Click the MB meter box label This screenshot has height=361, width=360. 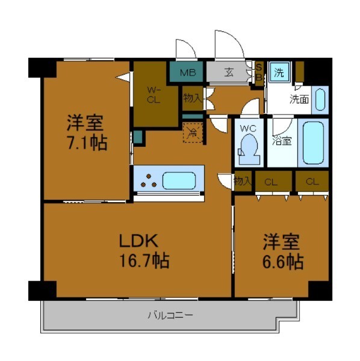click(x=188, y=73)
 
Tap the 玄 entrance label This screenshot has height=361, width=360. click(x=230, y=73)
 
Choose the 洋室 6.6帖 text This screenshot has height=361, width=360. click(x=281, y=253)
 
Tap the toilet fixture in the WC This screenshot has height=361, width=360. click(x=249, y=149)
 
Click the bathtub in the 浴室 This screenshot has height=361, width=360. click(x=313, y=143)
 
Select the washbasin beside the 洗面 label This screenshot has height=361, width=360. click(x=320, y=99)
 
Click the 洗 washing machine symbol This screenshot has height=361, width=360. click(x=279, y=73)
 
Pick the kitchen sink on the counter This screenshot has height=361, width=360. click(x=182, y=180)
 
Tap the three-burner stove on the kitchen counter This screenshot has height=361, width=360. click(x=147, y=180)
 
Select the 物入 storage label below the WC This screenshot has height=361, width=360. click(x=242, y=180)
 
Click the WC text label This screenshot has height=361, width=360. click(x=249, y=128)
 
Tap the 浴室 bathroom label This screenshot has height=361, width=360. click(x=282, y=141)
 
